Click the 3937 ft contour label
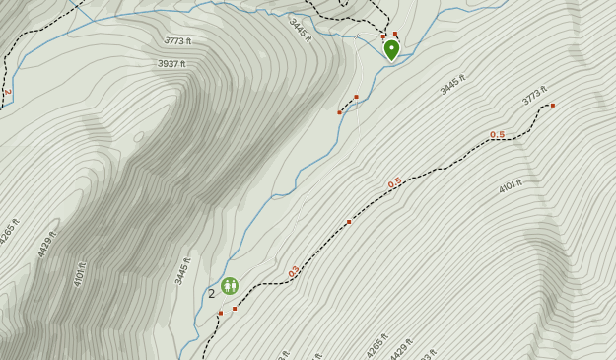(171, 64)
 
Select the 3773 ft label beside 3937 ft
(178, 41)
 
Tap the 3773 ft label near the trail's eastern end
(534, 95)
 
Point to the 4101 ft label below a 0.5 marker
(510, 185)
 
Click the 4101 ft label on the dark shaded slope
(80, 273)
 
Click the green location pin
(391, 48)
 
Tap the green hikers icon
(230, 286)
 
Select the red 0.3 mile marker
(294, 271)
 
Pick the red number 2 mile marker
(7, 92)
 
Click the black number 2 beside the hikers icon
(211, 293)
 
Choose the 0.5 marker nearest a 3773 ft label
(497, 135)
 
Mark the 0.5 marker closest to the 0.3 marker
(394, 183)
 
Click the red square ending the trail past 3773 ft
(553, 106)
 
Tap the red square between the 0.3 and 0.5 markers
(349, 222)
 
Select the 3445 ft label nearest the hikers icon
(182, 270)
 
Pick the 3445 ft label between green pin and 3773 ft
(453, 85)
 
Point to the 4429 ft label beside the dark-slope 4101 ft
(47, 244)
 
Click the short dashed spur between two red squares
(347, 105)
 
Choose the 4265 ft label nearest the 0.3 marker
(377, 344)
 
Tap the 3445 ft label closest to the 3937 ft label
(301, 31)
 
